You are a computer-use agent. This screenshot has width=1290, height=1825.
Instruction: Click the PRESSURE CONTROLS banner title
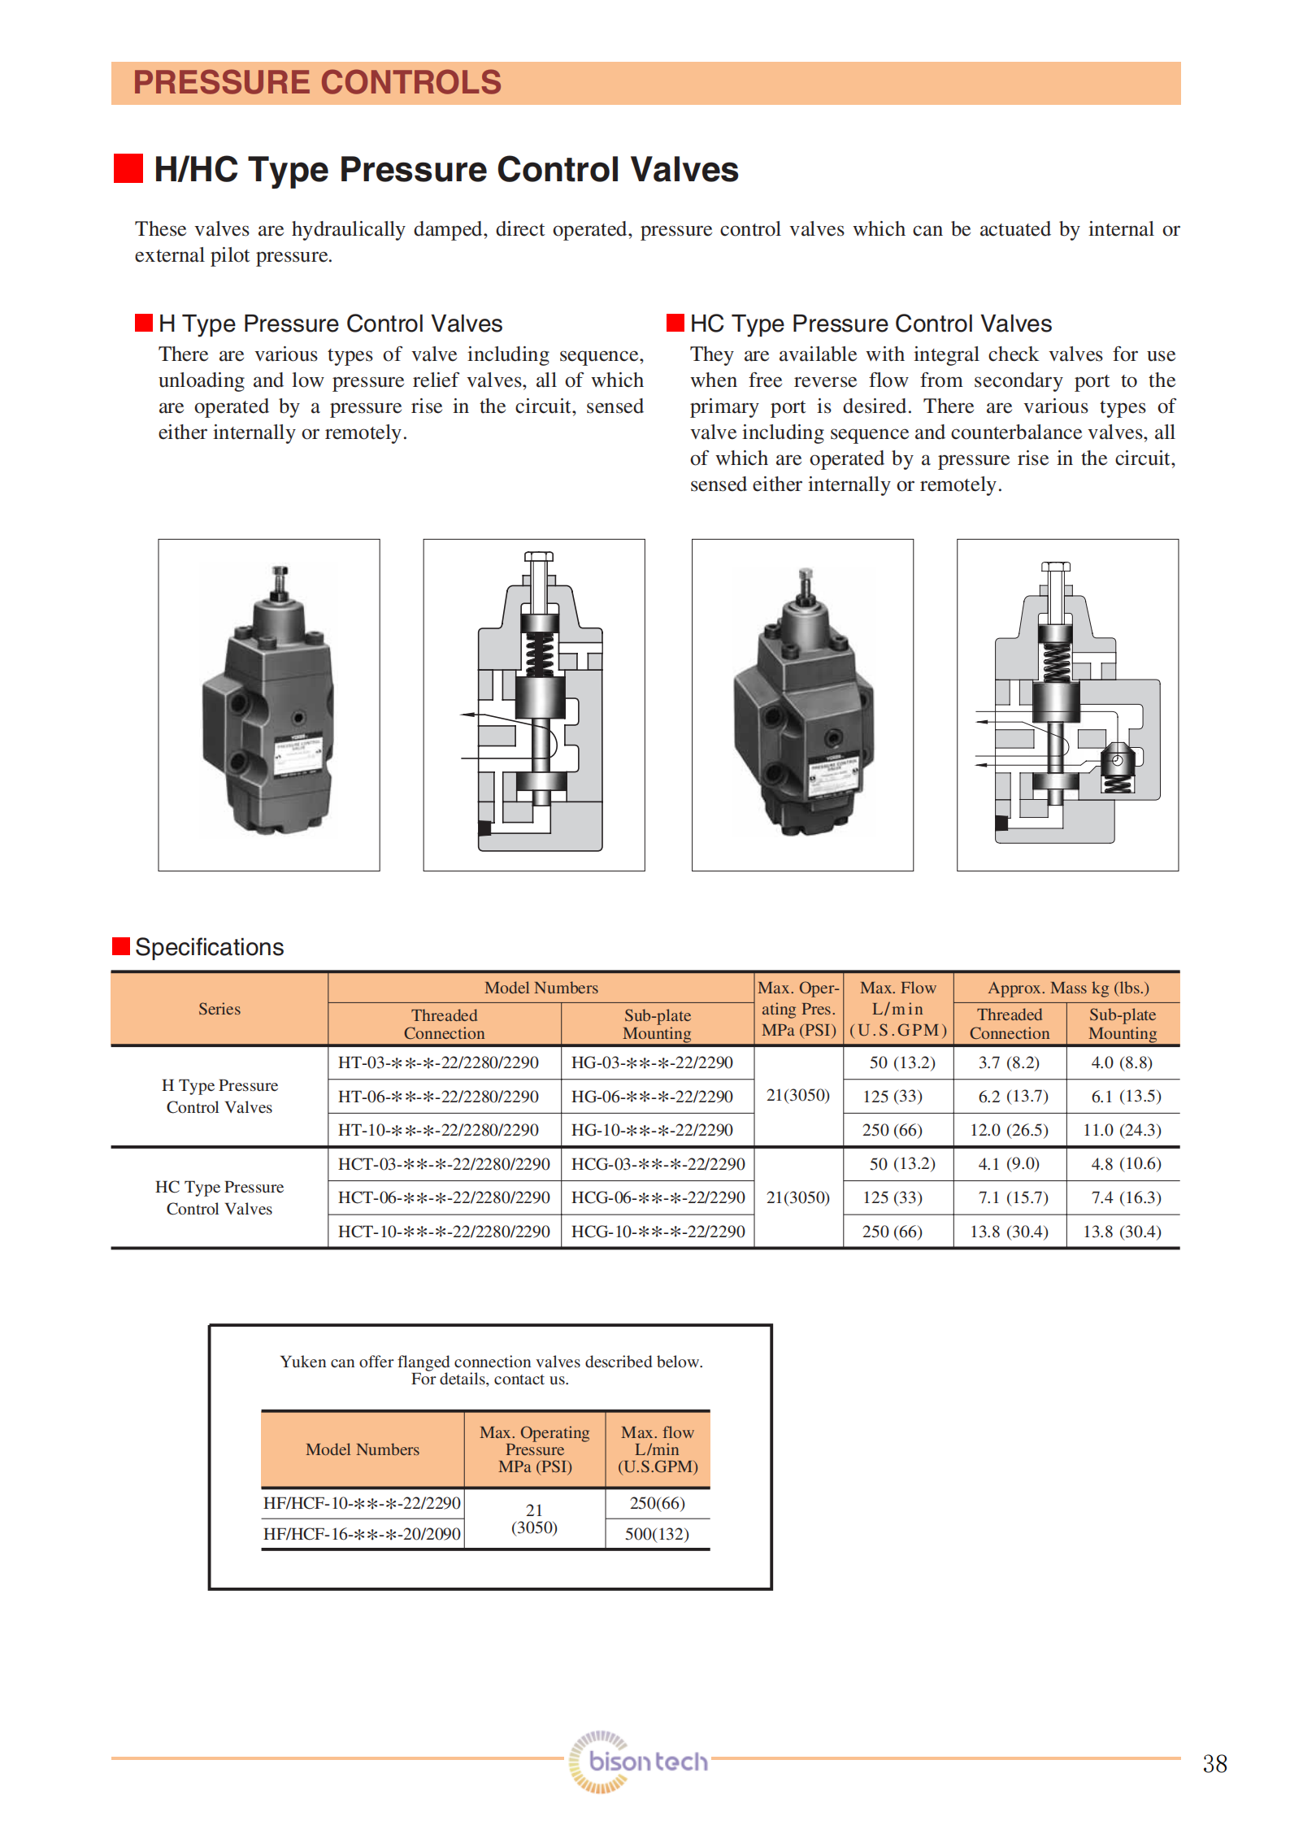[317, 83]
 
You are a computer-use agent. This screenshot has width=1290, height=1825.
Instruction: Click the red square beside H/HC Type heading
[128, 168]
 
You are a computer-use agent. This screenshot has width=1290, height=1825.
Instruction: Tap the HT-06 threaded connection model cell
[438, 1097]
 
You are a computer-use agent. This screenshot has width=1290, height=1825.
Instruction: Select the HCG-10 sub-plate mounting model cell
[658, 1232]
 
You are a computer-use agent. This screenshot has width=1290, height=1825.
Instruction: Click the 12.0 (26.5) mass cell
[1009, 1130]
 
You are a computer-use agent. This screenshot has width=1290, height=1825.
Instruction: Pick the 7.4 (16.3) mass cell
[1126, 1197]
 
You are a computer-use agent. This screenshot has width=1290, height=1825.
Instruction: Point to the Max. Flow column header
[897, 1009]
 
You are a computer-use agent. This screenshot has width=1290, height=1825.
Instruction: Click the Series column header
[219, 1009]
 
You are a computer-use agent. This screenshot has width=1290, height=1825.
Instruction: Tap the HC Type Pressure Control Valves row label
[219, 1197]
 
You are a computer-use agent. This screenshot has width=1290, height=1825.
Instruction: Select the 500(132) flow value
[657, 1534]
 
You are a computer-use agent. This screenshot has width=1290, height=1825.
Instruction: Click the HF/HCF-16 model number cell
[362, 1534]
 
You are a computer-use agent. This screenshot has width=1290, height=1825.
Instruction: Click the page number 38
[1214, 1763]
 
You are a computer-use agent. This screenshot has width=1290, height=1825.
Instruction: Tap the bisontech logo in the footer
[638, 1762]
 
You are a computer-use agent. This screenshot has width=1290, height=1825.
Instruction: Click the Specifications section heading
[209, 947]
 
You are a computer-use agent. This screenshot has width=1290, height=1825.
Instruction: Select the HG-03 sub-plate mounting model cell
[652, 1062]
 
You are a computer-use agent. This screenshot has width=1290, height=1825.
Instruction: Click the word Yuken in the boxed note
[302, 1362]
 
